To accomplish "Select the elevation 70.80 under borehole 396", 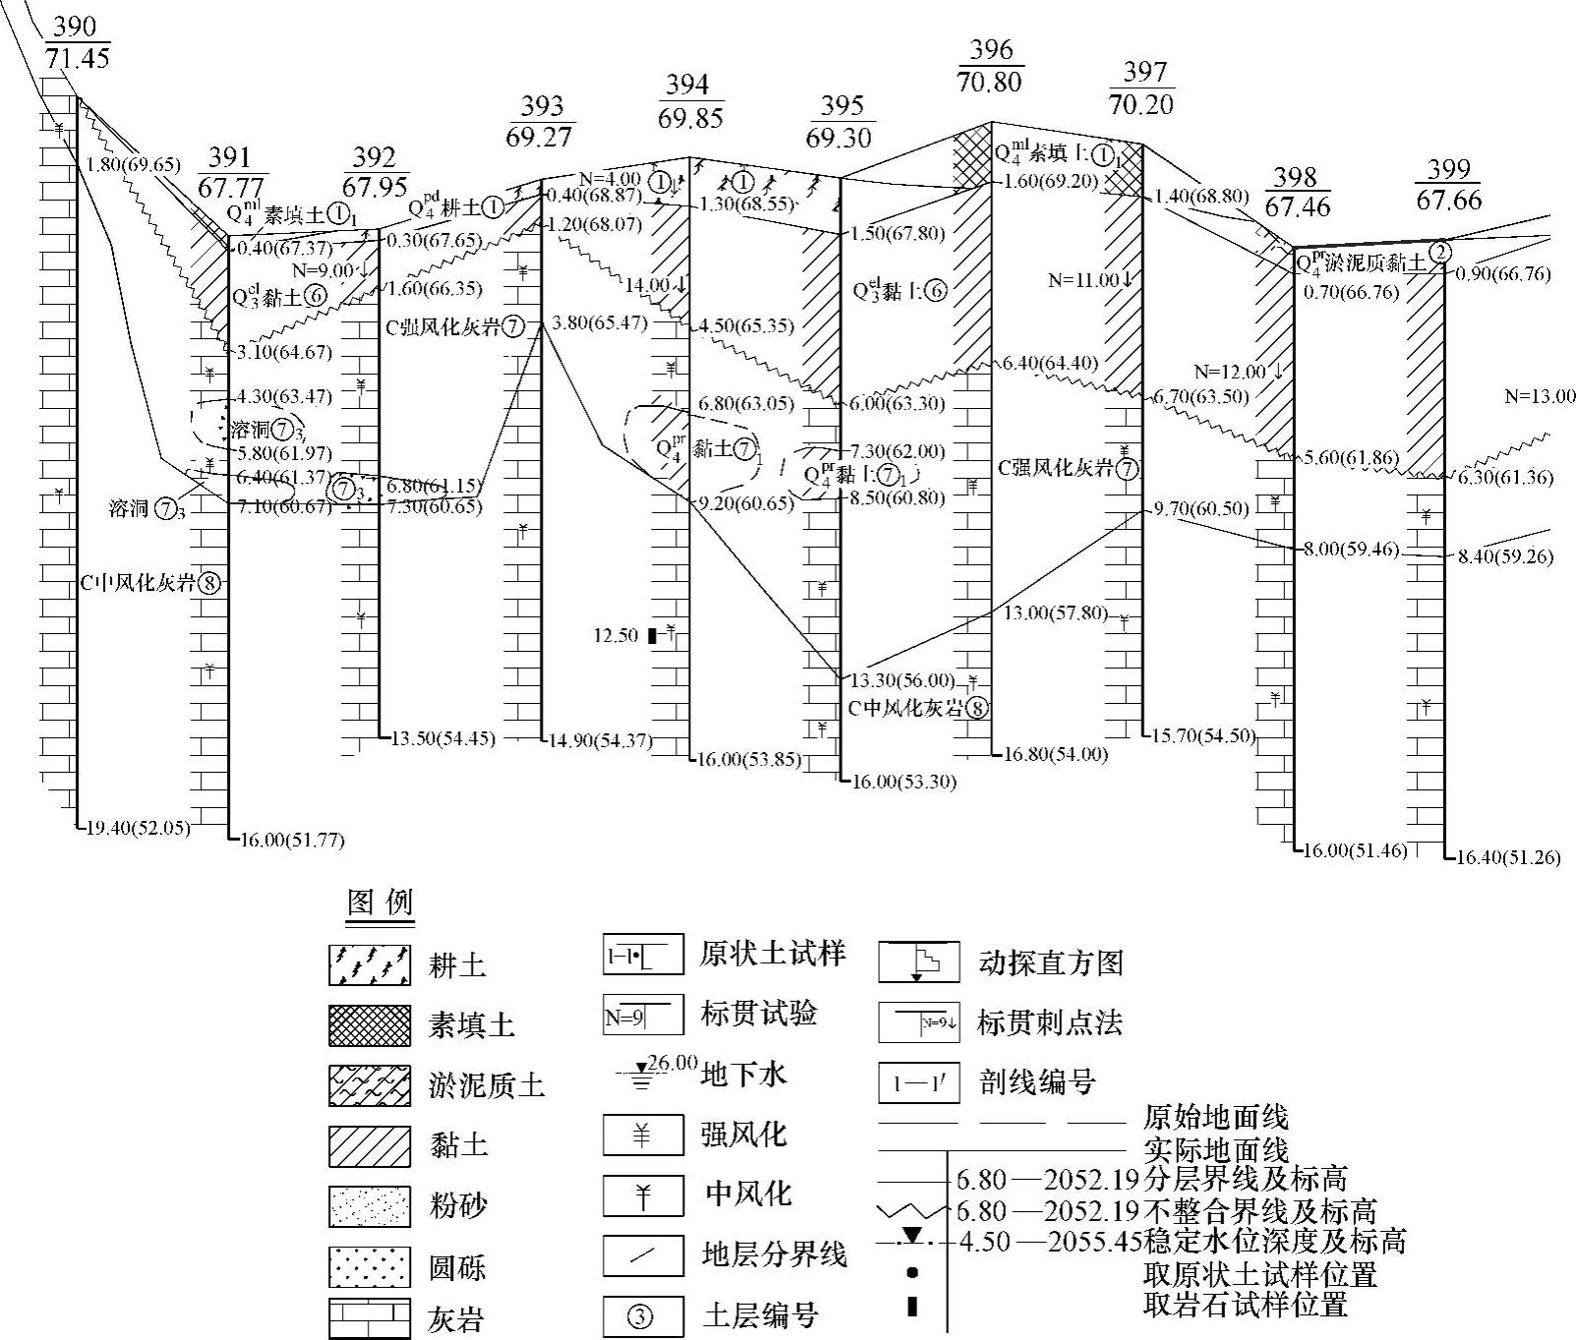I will point(989,82).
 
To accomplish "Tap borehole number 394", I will point(686,86).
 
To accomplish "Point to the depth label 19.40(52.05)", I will point(135,828).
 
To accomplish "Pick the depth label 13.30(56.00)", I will point(903,680).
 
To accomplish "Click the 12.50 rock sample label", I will point(616,636).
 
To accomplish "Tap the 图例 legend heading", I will point(380,903).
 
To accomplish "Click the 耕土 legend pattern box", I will point(370,964).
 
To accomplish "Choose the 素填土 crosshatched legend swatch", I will point(370,1025).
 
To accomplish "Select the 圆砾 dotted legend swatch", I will point(370,1267).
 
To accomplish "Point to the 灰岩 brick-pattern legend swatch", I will point(370,1318).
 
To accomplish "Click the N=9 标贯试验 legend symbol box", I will point(643,1016).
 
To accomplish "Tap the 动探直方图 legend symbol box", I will point(918,962).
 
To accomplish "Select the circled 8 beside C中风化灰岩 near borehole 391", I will point(208,583).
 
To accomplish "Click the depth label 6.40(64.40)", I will point(1049,364).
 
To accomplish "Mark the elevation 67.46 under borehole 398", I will point(1298,207).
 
